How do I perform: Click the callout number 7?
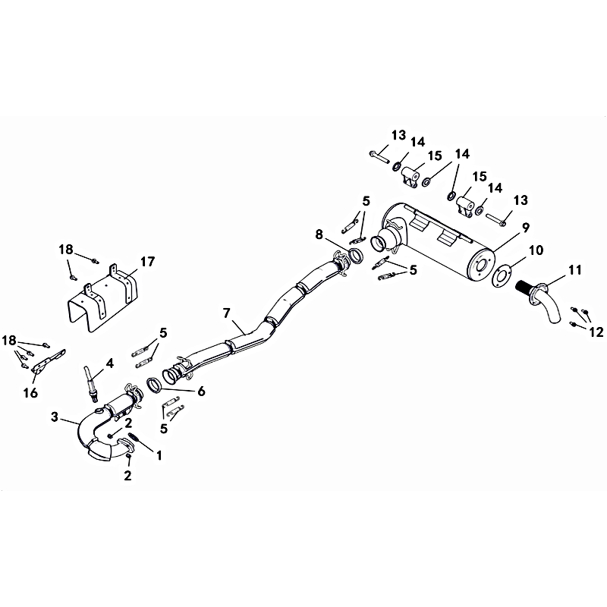226,313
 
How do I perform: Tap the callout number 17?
147,262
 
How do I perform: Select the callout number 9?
525,228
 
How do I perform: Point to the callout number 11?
574,270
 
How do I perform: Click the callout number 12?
596,332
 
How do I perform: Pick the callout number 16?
30,393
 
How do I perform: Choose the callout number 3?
55,417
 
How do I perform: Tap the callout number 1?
159,455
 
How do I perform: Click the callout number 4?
109,363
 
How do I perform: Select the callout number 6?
201,391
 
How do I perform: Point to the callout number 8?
319,234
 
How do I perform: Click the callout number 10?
536,250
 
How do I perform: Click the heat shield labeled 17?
102,298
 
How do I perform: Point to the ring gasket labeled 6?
154,385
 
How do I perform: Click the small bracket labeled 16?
49,361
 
